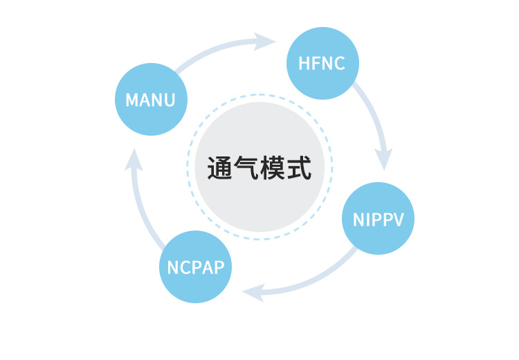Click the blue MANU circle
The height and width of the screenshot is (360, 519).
[150, 100]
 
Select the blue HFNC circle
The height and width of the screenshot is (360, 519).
[322, 63]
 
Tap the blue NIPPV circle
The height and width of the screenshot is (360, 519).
[379, 219]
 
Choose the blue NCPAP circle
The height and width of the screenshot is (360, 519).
[196, 267]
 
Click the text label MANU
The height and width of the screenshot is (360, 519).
[150, 100]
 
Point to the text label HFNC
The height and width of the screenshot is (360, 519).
[322, 63]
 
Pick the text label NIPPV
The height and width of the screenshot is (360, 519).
[379, 219]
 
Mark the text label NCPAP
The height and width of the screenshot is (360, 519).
[196, 267]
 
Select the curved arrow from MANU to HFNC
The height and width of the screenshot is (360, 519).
[215, 48]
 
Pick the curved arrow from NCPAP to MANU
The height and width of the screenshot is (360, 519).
[141, 208]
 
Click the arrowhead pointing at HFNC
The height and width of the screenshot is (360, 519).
[266, 41]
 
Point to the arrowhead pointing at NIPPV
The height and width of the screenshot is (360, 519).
[384, 159]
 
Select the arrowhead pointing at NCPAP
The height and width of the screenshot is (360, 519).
[253, 292]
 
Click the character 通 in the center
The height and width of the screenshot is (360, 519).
[221, 168]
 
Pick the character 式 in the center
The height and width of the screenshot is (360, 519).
[298, 168]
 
